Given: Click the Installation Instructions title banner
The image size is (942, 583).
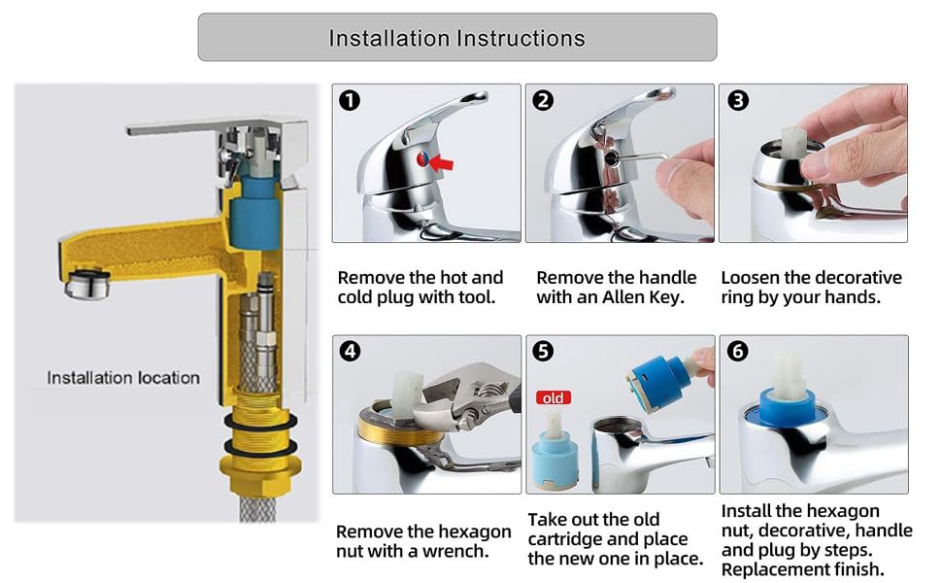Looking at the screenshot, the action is (457, 37).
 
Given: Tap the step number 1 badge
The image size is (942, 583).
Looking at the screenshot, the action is (350, 100).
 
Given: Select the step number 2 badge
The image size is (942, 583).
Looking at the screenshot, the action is (543, 100).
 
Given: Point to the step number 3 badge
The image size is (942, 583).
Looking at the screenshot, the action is (738, 100).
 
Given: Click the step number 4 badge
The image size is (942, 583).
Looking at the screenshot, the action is (350, 351).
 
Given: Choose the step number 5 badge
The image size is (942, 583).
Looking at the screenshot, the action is (543, 351).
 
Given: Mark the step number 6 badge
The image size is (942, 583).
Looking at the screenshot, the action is (738, 351).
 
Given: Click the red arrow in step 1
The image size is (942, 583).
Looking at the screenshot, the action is (442, 161).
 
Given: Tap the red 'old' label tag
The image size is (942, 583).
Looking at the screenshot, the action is (554, 397).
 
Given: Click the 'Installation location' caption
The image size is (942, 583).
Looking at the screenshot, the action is (123, 377).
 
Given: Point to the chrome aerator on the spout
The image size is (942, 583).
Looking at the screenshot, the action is (87, 285).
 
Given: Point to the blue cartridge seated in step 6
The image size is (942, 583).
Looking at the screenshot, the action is (789, 406).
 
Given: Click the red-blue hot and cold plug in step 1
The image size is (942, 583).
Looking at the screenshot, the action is (423, 159).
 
